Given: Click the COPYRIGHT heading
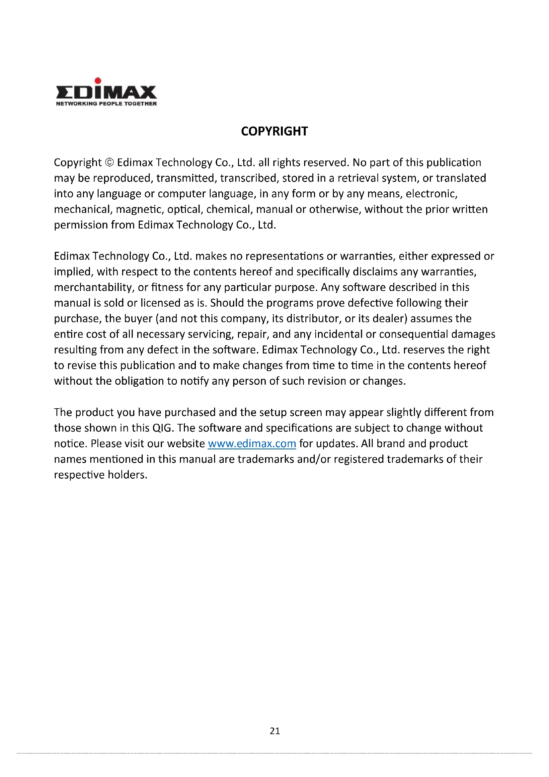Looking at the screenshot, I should point(274,131).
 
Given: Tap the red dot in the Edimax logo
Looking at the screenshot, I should point(98,80).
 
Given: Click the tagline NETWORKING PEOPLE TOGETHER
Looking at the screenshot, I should point(106,104).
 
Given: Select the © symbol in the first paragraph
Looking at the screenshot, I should point(110,163).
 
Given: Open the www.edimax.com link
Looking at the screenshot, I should point(252,444).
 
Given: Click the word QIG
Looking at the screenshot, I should point(163,428).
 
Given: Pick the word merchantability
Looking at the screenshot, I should point(94,287).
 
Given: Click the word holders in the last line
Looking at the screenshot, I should point(127,475).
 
